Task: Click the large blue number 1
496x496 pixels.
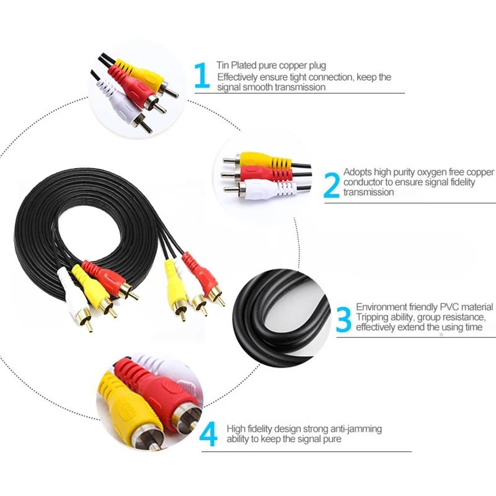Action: click(x=202, y=75)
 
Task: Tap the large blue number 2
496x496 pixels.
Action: click(x=332, y=185)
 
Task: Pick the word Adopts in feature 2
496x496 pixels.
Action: click(x=356, y=172)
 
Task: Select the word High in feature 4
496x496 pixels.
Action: click(x=236, y=428)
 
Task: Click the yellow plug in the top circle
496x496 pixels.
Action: click(x=146, y=74)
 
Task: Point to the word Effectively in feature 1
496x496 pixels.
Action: click(x=236, y=77)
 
